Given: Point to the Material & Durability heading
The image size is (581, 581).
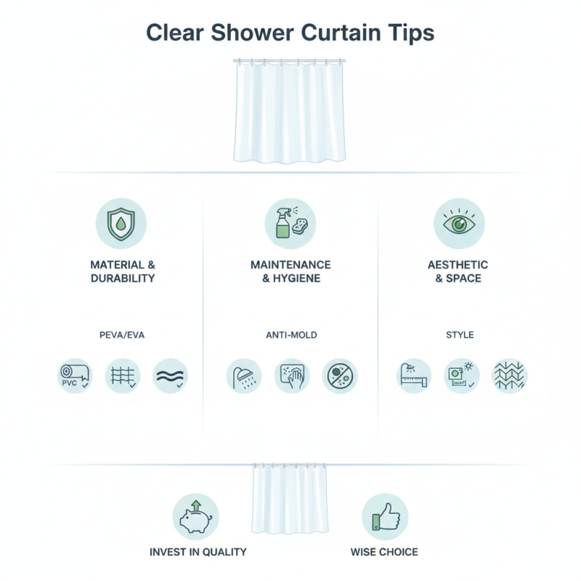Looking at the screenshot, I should click(x=123, y=271).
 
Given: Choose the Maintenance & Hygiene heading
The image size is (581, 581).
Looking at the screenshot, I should click(x=290, y=271).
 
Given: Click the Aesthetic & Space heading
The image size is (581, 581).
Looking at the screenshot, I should click(x=458, y=271).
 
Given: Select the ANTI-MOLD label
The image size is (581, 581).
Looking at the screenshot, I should click(x=291, y=336).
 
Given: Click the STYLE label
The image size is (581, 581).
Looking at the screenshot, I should click(x=459, y=336).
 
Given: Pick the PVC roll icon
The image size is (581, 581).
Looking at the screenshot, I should click(x=76, y=376).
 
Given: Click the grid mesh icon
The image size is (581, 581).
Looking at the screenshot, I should click(x=122, y=376).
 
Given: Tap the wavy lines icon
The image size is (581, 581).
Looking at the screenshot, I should click(x=170, y=376).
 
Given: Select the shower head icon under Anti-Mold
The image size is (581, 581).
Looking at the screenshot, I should click(x=245, y=376).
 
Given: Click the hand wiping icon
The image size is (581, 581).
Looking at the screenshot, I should click(x=292, y=376).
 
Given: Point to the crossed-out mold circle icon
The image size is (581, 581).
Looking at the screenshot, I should click(x=339, y=376).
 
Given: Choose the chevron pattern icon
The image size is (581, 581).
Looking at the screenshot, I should click(x=509, y=376).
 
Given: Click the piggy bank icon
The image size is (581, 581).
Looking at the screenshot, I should click(x=195, y=516).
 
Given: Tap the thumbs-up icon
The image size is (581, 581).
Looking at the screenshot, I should click(x=385, y=516).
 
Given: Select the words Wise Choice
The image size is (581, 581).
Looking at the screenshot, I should click(x=384, y=552).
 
